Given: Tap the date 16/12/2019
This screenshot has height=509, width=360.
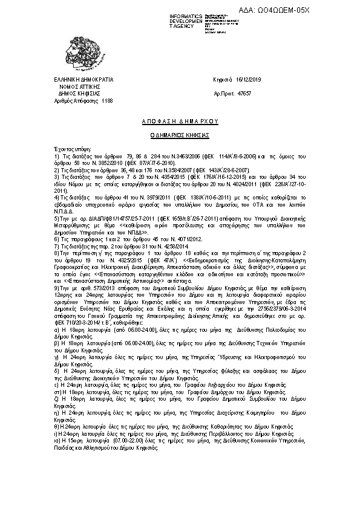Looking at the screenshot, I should pyautogui.click(x=249, y=79).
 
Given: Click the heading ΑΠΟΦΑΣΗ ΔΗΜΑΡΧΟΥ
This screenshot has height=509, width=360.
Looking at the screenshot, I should pyautogui.click(x=180, y=120).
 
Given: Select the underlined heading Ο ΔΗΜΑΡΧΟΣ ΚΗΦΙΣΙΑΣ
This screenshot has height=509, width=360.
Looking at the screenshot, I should pyautogui.click(x=180, y=135).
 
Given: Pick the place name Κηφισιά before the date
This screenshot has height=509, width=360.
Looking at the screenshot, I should pyautogui.click(x=224, y=79).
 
